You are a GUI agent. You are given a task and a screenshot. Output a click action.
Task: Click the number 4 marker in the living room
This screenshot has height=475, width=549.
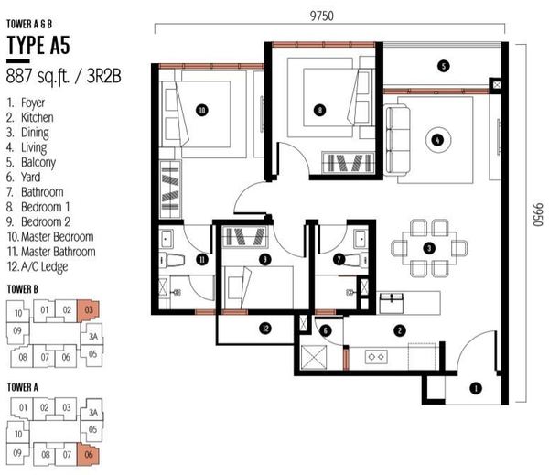[437, 140]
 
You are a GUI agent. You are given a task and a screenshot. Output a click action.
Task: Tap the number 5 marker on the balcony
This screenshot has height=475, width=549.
[443, 66]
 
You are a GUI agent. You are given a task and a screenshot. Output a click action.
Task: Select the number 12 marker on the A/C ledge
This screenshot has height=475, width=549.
[265, 329]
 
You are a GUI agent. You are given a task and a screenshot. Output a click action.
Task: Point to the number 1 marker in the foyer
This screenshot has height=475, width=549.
[476, 388]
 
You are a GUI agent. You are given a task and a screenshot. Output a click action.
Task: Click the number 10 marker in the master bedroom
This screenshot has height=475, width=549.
[202, 111]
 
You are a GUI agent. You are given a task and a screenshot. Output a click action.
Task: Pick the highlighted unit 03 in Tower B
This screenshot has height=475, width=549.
[88, 310]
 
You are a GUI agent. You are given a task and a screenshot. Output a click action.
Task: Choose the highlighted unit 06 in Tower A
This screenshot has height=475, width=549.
[88, 455]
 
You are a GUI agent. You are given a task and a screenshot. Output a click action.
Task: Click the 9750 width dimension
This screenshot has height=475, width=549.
[322, 16]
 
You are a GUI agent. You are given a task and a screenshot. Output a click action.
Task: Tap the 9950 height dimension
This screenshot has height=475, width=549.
[538, 214]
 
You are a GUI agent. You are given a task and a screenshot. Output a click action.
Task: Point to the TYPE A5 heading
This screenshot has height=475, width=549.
[38, 45]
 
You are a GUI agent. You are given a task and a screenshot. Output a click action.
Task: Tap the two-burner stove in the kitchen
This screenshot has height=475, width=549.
[376, 357]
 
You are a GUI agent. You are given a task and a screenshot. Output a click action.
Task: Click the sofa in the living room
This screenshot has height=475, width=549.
[398, 140]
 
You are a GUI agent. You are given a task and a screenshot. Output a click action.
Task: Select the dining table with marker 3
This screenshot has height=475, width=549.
[429, 249]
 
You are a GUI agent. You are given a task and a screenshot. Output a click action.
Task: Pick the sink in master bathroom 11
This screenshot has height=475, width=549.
[166, 239]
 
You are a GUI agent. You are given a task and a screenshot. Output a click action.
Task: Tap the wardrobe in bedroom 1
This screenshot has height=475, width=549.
[348, 163]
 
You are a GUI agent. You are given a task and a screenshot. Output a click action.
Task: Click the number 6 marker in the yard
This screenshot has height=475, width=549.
[326, 330]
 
